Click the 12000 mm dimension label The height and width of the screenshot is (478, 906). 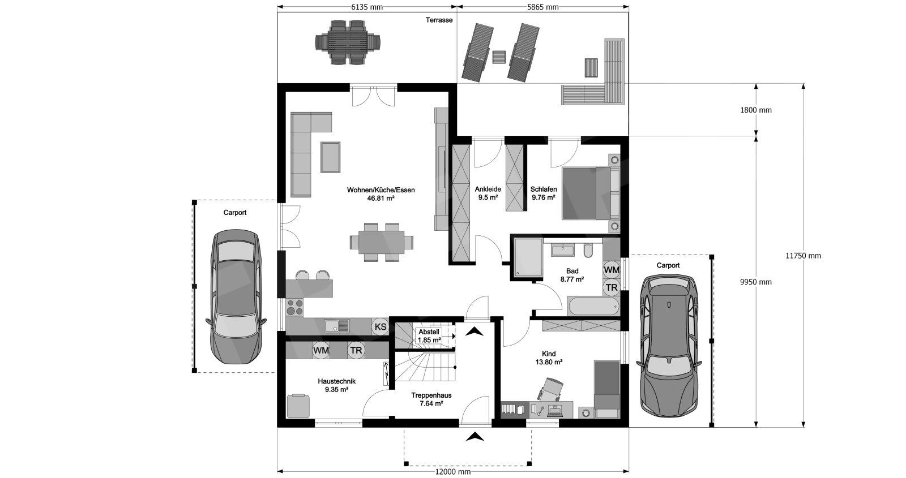[x=452, y=472]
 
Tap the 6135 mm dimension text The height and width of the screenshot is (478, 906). [x=366, y=7]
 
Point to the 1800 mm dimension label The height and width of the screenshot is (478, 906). [x=755, y=110]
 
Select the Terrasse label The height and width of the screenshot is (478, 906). [x=439, y=20]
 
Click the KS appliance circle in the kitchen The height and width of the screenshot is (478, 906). [x=380, y=326]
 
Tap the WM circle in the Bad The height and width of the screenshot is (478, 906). [x=611, y=269]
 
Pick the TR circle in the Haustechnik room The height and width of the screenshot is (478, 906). [x=356, y=350]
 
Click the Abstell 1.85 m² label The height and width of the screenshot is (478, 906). [x=429, y=336]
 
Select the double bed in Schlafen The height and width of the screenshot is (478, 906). [x=591, y=193]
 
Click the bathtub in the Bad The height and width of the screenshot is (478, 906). [x=594, y=307]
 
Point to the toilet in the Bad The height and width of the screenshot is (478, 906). [x=588, y=251]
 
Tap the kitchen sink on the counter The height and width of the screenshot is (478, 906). [x=336, y=326]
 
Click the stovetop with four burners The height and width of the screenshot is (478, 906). [x=294, y=307]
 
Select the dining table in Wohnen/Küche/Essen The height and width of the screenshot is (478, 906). [x=382, y=243]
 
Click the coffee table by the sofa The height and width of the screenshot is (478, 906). [x=331, y=157]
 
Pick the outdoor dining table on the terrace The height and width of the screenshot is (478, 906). [x=348, y=42]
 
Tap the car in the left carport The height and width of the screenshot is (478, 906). [x=236, y=297]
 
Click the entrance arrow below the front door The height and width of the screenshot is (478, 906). [x=475, y=436]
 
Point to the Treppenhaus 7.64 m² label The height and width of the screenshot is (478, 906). [x=431, y=399]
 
